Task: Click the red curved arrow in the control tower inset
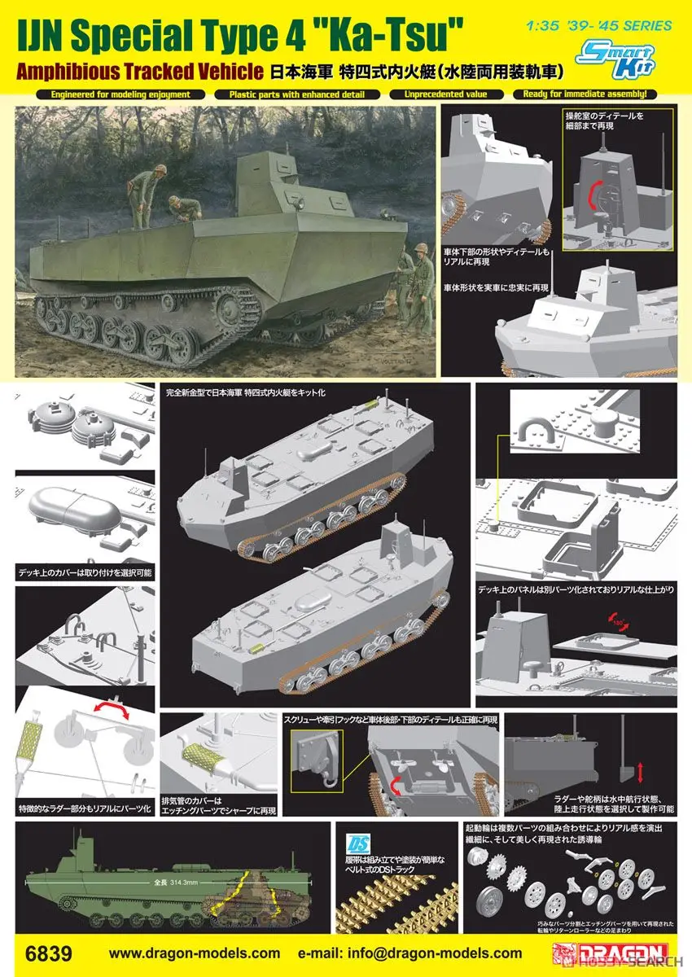[593, 196]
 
